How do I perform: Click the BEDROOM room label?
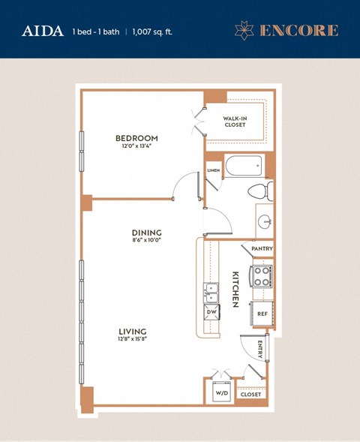pos(136,138)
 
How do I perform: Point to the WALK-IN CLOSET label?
pos(237,122)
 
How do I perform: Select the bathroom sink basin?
pos(264,221)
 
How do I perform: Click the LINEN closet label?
pos(213,171)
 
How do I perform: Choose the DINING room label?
pos(147,233)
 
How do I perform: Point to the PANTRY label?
pos(262,248)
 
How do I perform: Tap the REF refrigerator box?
pos(262,314)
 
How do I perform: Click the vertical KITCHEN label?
pos(235,288)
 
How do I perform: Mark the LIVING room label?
pos(131,331)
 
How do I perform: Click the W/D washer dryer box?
pos(221,392)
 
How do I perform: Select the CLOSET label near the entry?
pos(250,393)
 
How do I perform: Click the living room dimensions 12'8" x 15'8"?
pos(131,341)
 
